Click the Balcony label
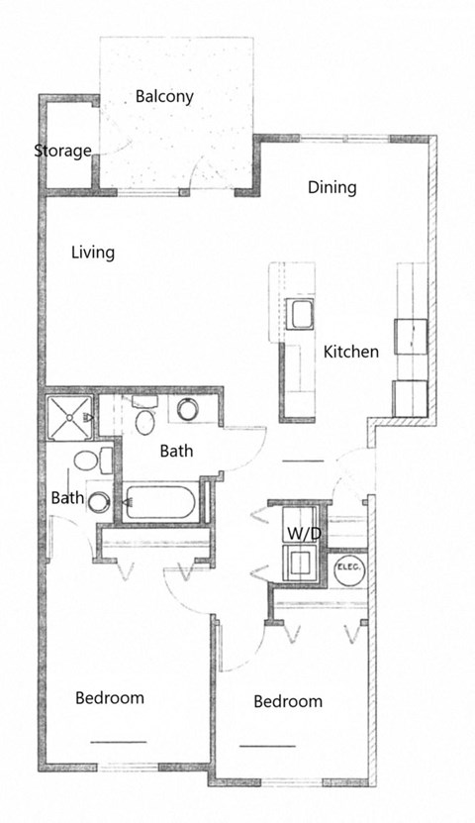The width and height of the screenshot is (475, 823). click(164, 96)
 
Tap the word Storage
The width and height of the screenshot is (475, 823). click(62, 151)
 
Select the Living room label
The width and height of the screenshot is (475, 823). click(92, 252)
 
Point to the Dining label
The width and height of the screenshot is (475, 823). click(332, 186)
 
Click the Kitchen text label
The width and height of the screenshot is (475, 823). click(350, 351)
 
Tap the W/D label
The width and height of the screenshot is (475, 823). click(303, 534)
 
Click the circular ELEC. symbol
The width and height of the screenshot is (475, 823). click(347, 569)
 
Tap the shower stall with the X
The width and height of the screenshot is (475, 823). click(69, 419)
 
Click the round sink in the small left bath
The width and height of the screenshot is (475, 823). click(98, 501)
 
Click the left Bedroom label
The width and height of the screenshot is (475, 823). click(110, 697)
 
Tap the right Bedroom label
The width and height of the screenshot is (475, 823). click(288, 701)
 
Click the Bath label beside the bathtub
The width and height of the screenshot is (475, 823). click(176, 451)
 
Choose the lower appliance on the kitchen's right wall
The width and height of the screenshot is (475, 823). click(410, 397)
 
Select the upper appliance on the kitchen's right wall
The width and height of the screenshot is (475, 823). click(410, 335)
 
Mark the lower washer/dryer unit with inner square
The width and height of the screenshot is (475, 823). click(299, 564)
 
